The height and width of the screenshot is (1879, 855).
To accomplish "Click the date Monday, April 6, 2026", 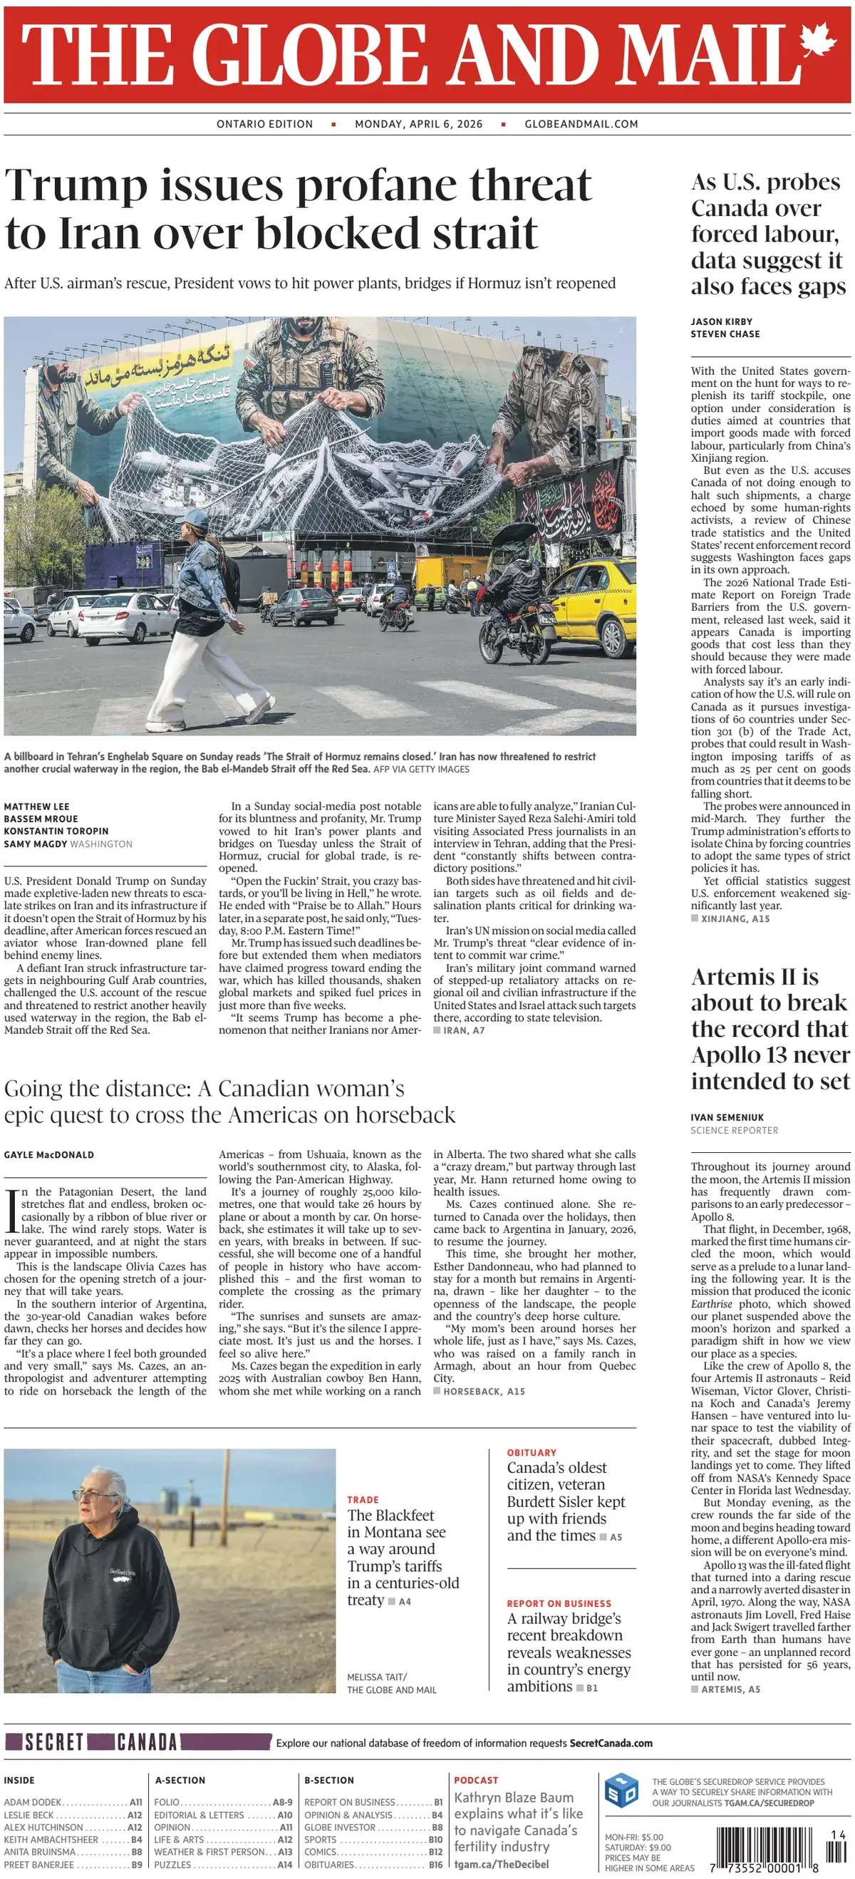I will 418,124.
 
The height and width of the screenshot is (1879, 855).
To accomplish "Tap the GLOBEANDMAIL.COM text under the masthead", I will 581,124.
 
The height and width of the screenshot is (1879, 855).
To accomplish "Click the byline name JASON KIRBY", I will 721,321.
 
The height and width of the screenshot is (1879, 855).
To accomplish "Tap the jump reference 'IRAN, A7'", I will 463,1030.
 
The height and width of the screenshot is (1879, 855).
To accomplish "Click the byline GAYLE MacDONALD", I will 49,1154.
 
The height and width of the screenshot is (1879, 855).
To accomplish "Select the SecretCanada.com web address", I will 611,1744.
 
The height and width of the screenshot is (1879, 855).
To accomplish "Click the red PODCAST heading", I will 476,1781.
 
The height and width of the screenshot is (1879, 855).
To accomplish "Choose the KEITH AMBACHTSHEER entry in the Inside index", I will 51,1840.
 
